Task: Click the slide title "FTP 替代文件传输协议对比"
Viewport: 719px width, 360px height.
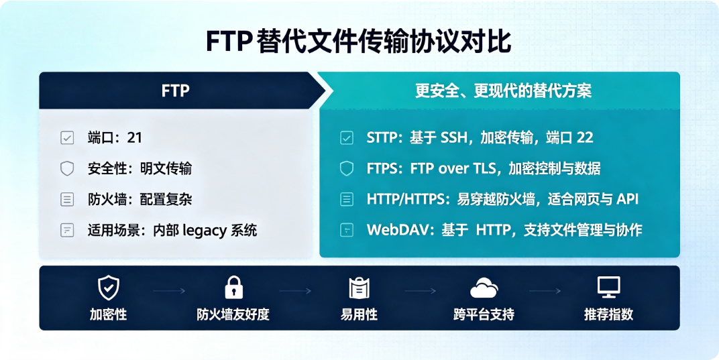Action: (x=358, y=42)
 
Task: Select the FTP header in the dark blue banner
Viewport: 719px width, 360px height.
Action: (x=175, y=91)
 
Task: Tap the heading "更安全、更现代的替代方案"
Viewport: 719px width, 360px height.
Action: (x=503, y=91)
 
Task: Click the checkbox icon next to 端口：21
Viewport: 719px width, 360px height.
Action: (x=67, y=137)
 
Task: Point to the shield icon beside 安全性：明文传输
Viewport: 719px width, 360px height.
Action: (x=67, y=168)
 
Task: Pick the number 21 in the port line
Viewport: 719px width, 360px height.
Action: (x=134, y=137)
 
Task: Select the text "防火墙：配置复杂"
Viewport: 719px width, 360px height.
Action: (x=140, y=200)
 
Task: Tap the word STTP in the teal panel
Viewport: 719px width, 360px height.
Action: (x=382, y=137)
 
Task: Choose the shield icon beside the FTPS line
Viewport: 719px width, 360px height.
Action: (x=347, y=168)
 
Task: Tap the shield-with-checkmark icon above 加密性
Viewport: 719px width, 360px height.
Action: (x=109, y=288)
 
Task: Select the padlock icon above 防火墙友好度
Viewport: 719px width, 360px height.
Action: (x=233, y=288)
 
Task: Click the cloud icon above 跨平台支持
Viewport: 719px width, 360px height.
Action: (x=484, y=288)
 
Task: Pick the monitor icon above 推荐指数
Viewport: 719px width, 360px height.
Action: (x=608, y=288)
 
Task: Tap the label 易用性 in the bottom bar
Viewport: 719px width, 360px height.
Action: (x=359, y=314)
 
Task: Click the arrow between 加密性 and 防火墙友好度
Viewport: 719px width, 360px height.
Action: (x=169, y=291)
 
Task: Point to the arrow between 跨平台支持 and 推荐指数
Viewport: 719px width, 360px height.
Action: (x=545, y=291)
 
